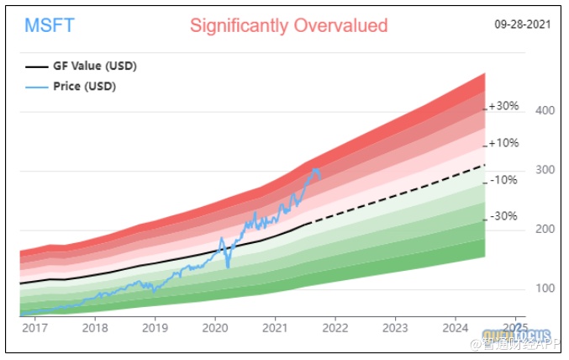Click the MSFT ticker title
(x=50, y=25)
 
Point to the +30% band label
(x=504, y=107)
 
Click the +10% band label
(x=504, y=143)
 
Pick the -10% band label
(x=503, y=180)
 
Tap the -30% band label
(x=503, y=215)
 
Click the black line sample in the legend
(x=37, y=66)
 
